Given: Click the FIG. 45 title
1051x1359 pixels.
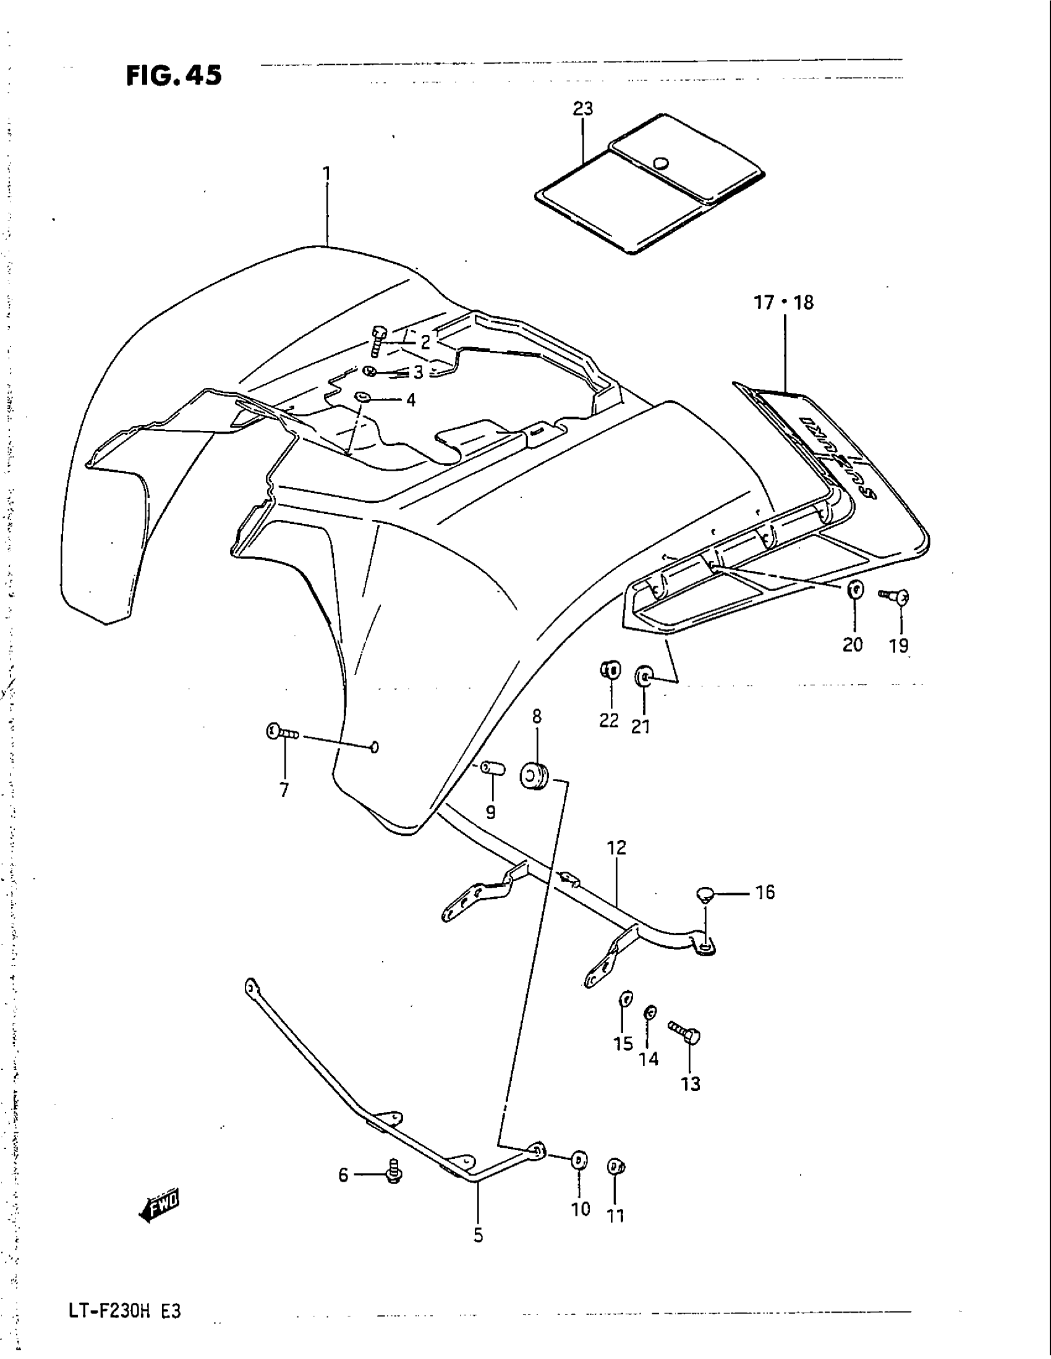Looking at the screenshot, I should (x=174, y=76).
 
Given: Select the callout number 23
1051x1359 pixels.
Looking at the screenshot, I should (x=583, y=109).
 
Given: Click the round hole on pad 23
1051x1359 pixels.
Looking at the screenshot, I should (x=660, y=163).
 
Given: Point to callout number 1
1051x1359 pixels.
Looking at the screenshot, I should (x=326, y=172).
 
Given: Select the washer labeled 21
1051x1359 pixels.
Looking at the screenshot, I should (x=643, y=675).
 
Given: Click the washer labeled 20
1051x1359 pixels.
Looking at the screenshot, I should (x=855, y=588).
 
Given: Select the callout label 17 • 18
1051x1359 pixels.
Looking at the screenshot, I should (x=784, y=303).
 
